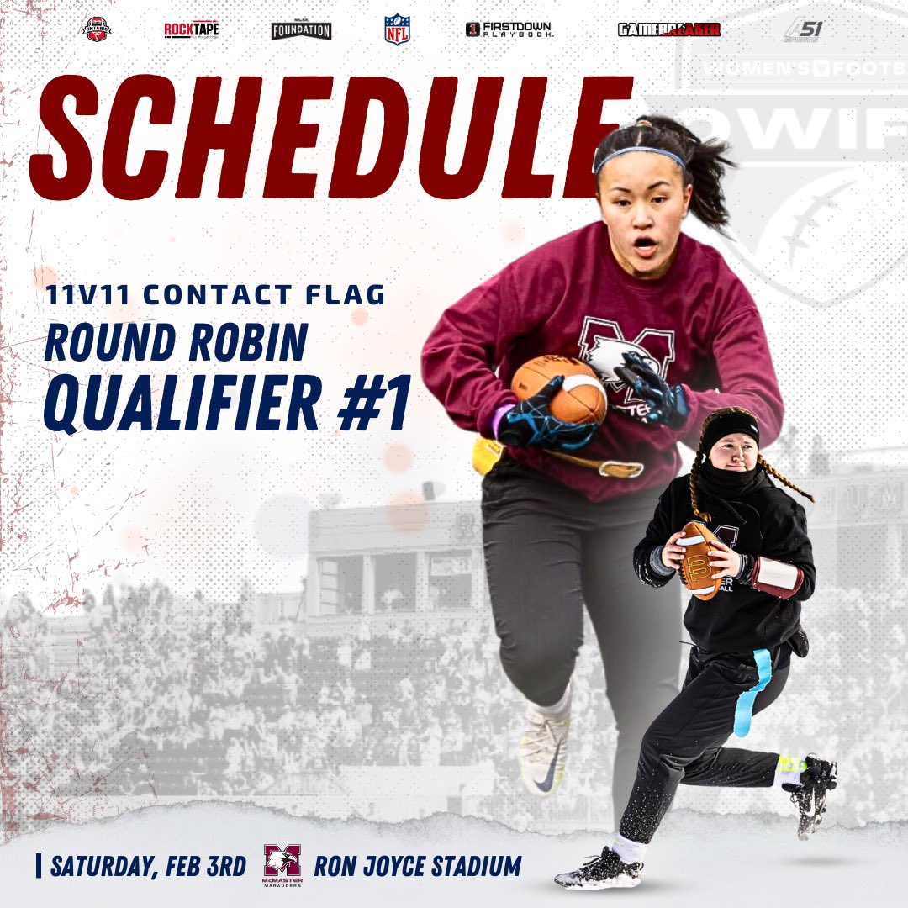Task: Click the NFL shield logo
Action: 396,29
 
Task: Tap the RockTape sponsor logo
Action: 192,30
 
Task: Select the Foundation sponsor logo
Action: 301,30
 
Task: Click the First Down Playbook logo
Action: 509,29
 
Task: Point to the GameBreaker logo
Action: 669,30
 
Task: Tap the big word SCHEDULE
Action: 328,139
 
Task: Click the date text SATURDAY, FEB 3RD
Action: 150,866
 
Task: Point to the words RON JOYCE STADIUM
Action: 417,866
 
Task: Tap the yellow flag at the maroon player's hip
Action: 487,455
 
